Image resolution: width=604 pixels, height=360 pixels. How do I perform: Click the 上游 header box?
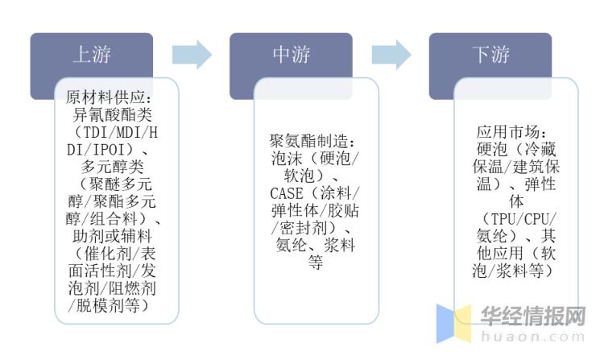(x=91, y=55)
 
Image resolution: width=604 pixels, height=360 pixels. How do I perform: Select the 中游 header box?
(x=291, y=55)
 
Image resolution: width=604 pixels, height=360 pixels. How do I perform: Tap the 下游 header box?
(x=490, y=55)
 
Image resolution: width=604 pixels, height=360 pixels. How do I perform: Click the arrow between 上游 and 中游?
(x=192, y=55)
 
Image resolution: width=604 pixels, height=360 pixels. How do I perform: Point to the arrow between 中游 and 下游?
(x=391, y=55)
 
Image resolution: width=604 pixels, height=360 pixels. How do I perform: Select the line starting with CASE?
(x=316, y=194)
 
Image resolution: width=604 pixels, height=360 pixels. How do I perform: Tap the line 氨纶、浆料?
(x=316, y=246)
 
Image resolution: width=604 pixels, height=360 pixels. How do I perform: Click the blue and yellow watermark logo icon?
(x=454, y=323)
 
